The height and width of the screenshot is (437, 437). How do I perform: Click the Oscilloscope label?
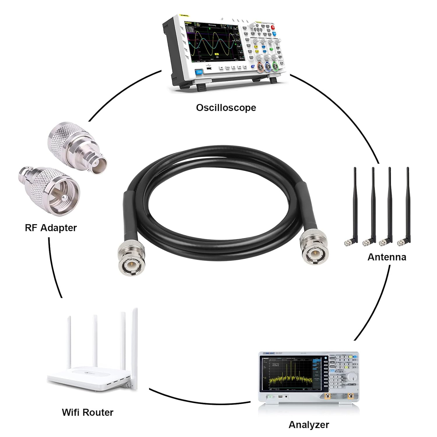tap(226, 108)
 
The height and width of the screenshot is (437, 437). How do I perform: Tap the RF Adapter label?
tap(51, 228)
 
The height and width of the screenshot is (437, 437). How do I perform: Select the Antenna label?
tap(387, 257)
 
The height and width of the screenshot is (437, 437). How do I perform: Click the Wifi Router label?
tap(87, 412)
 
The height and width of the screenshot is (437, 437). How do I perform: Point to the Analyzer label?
tap(309, 424)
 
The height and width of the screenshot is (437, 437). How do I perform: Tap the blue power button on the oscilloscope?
tap(199, 72)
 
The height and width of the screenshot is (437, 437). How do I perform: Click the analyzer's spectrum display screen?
tap(292, 376)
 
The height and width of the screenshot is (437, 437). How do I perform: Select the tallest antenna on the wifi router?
tap(135, 347)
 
